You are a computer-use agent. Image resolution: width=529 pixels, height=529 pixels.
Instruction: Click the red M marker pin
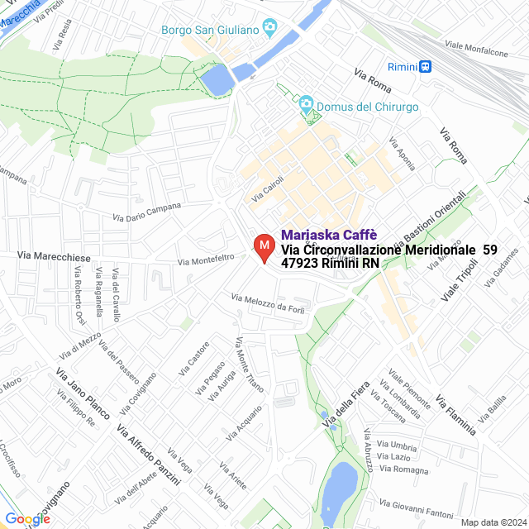point(264,247)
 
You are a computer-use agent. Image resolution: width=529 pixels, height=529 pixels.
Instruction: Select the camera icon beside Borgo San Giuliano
point(269,29)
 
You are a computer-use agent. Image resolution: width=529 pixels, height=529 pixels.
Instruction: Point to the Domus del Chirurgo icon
point(307,107)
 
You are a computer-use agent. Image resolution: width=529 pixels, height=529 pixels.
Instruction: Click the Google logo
point(27,518)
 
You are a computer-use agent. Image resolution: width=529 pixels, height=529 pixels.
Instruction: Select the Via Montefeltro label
point(207,260)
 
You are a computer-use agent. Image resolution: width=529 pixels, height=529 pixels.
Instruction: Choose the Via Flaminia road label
point(455,412)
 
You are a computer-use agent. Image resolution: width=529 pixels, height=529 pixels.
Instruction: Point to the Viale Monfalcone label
point(476,49)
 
